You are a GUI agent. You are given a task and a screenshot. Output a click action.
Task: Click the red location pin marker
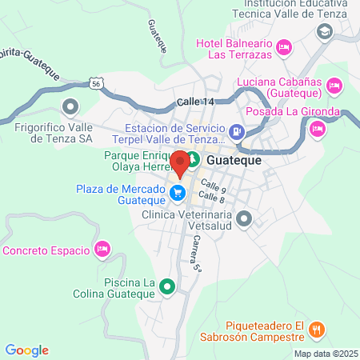180,162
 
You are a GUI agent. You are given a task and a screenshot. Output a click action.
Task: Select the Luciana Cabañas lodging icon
334,84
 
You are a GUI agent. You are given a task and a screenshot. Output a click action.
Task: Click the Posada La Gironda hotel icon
318,128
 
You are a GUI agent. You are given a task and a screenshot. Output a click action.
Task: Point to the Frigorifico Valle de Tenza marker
70,106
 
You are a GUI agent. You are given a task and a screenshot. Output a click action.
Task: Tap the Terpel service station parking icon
236,132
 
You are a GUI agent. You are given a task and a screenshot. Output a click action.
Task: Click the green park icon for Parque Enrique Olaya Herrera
193,160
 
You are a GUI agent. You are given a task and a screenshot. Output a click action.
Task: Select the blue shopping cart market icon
178,192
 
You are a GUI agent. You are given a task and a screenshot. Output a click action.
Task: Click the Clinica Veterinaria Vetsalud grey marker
244,217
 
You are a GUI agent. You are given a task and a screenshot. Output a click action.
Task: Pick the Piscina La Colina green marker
166,286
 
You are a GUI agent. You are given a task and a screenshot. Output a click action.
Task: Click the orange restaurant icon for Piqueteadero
317,327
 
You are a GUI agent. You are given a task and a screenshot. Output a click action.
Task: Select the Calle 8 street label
210,197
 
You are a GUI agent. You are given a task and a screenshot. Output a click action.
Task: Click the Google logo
27,350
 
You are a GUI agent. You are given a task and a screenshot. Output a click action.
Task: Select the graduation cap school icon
325,32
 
